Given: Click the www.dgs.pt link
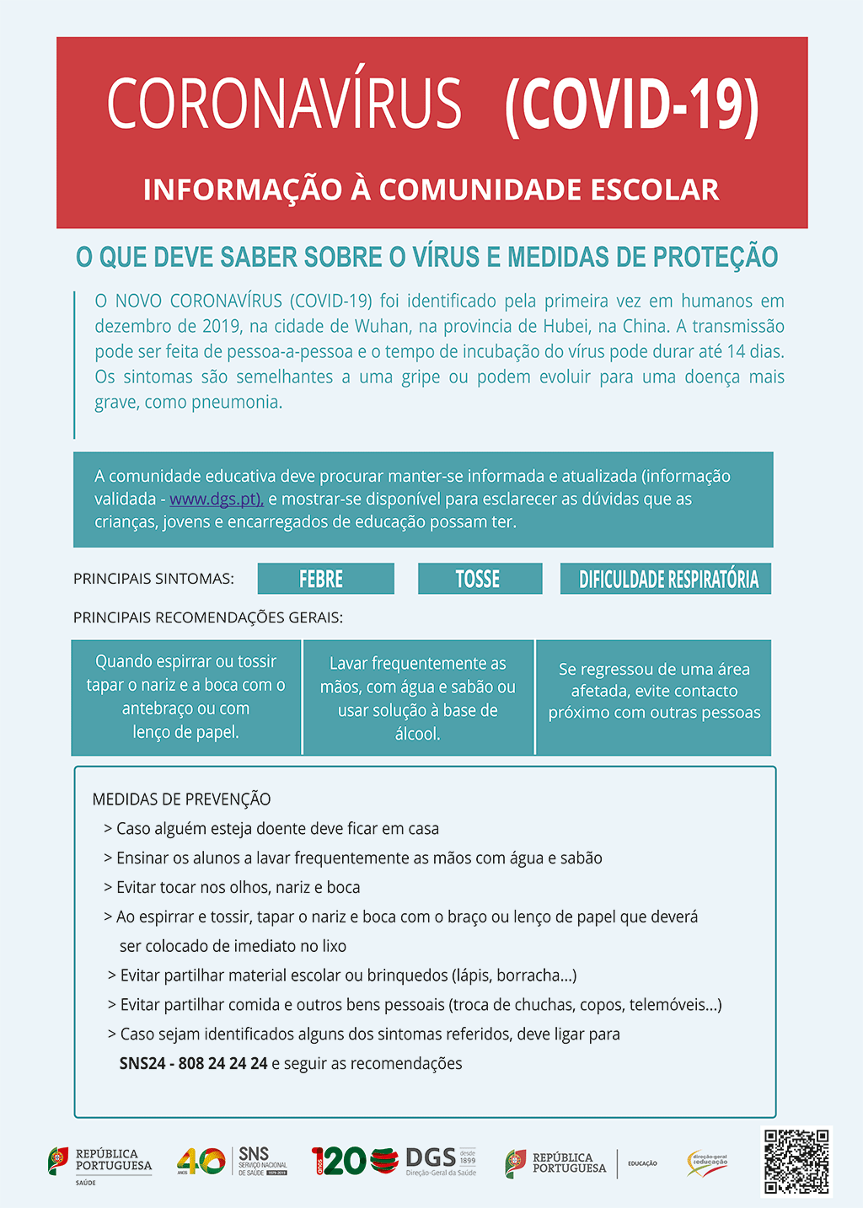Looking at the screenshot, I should coord(216,500).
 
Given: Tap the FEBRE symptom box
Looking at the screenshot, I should coord(325,579).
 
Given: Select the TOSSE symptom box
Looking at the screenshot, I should coord(480,579).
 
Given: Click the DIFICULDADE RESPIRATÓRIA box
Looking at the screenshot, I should coord(666,579).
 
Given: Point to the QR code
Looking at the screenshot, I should coord(796,1162).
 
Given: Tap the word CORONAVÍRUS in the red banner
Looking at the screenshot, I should coord(285,104).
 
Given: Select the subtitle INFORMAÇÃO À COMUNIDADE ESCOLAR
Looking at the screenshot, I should coord(431,190).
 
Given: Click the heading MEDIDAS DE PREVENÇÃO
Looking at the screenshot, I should coord(181,799).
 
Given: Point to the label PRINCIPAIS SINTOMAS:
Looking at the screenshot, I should coord(153,579).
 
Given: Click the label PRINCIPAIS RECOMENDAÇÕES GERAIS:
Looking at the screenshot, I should coord(207,617).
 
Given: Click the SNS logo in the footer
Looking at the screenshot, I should coord(262,1160).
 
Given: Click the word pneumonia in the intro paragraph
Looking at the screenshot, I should coord(236,403).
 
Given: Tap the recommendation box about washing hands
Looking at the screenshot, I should coord(418,698).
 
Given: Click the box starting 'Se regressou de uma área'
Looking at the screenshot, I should coord(654,698).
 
